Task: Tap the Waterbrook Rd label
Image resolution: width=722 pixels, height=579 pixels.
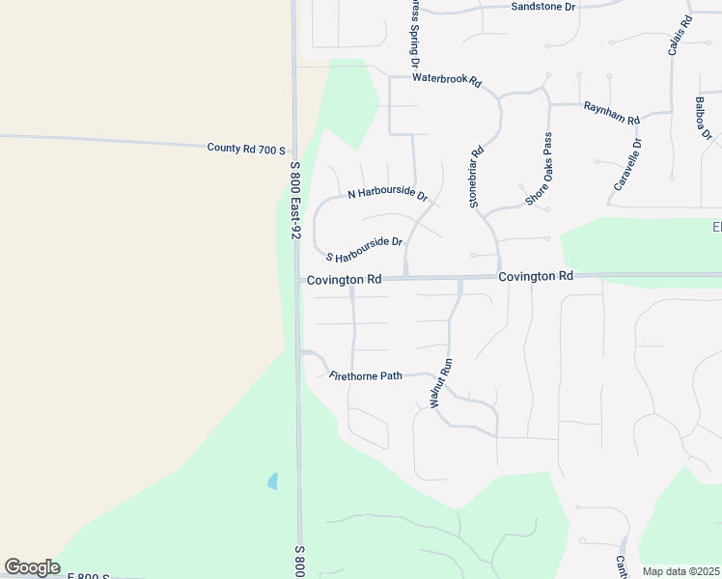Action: (x=446, y=81)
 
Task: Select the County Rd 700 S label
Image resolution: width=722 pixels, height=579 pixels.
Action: (x=246, y=149)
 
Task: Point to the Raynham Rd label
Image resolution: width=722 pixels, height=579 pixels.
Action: (x=611, y=113)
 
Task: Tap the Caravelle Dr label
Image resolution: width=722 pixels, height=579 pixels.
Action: (x=627, y=164)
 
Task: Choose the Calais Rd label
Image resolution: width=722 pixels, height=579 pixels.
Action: (x=679, y=36)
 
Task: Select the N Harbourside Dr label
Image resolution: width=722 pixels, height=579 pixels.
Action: (x=387, y=193)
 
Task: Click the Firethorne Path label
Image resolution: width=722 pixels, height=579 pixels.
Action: (x=365, y=375)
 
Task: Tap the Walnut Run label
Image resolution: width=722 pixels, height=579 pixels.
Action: (x=440, y=384)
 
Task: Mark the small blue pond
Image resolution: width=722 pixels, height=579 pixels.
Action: (x=272, y=480)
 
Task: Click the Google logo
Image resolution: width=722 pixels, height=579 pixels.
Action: (x=32, y=567)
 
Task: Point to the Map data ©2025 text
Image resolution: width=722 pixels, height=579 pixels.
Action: (x=680, y=571)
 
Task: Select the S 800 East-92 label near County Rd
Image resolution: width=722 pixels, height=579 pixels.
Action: (x=296, y=201)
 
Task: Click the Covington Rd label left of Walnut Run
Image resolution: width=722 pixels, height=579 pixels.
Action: (x=344, y=279)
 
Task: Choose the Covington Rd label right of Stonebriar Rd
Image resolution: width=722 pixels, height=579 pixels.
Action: (x=536, y=276)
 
